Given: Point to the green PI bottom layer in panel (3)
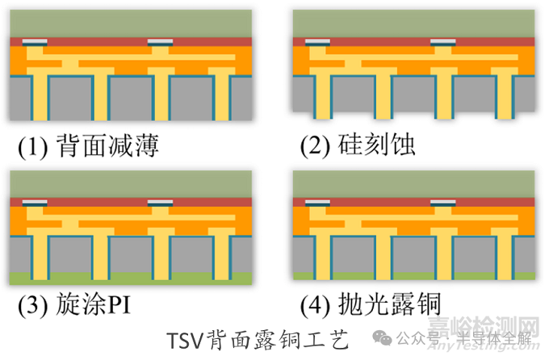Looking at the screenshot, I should (x=129, y=279).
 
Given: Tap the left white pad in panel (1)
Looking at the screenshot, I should (x=34, y=40).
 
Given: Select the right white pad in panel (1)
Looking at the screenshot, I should (x=160, y=40).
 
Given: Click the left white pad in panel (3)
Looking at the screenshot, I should (x=34, y=201).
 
